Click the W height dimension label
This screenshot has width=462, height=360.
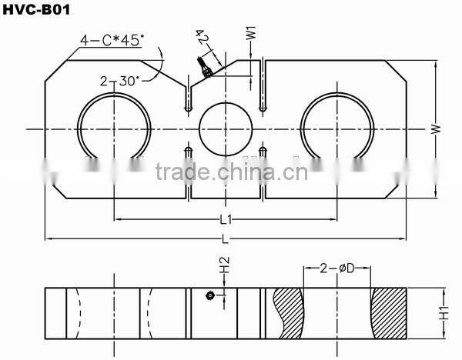tap(435, 132)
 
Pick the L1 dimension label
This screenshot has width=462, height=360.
tap(226, 220)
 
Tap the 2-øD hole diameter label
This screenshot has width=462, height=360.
tap(336, 268)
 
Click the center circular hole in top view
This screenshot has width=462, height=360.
tap(226, 128)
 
